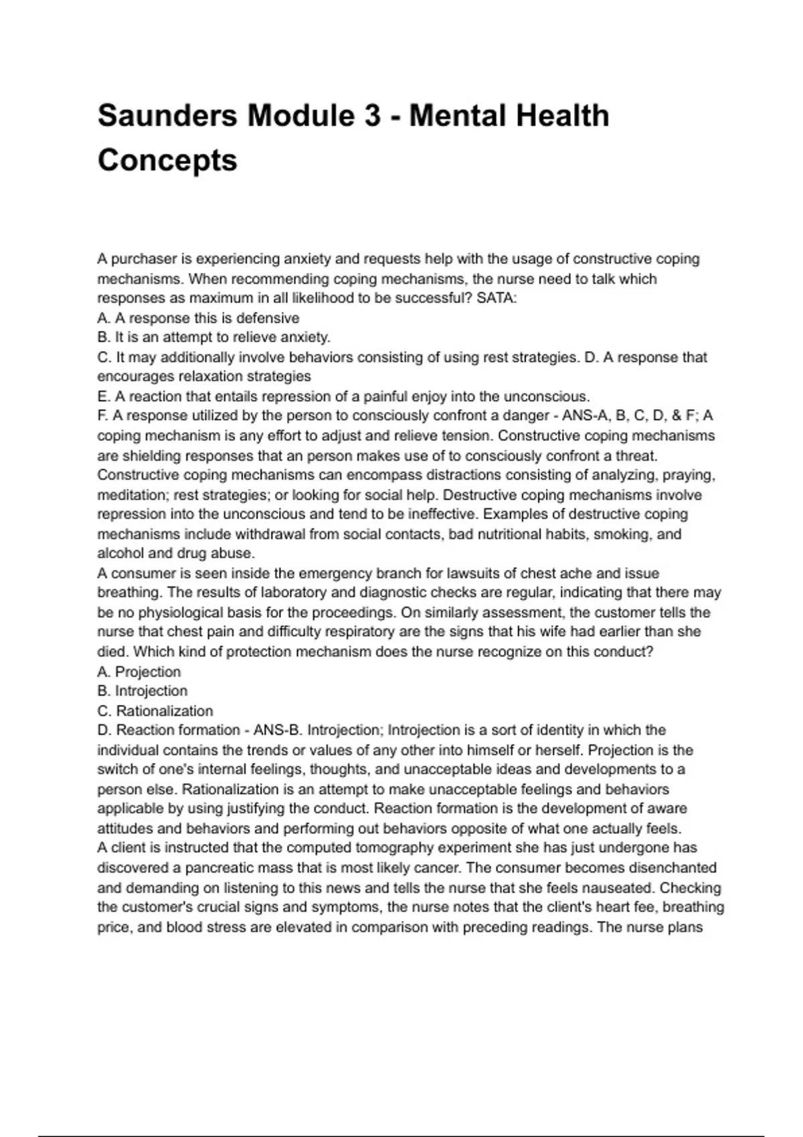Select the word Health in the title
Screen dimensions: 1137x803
[x=559, y=116]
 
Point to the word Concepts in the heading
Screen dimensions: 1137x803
[x=167, y=161]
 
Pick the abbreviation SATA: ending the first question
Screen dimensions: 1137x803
[x=497, y=298]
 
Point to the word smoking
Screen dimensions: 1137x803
[x=624, y=534]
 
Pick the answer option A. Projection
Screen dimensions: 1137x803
[x=139, y=672]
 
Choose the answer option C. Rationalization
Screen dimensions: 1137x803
[x=155, y=711]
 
